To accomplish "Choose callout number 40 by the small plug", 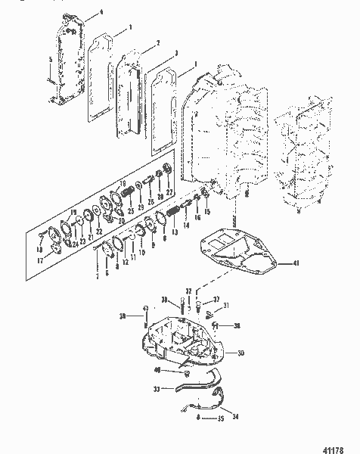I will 157,370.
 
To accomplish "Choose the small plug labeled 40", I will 184,373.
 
